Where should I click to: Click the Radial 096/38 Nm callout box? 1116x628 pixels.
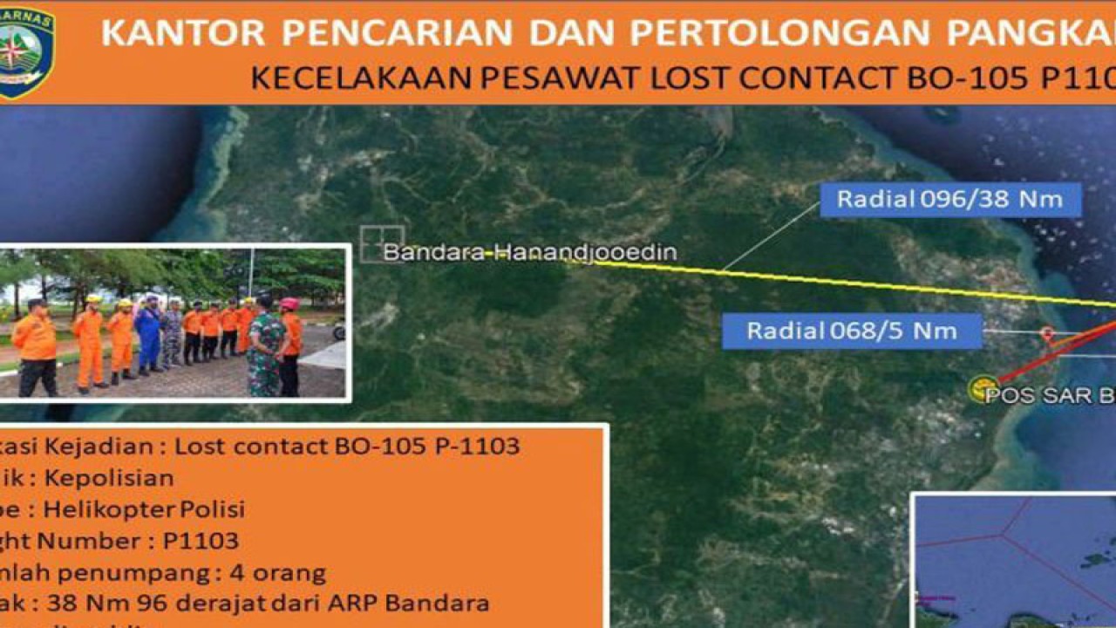coord(949,200)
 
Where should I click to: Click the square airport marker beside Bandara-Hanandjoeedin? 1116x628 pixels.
coord(382,244)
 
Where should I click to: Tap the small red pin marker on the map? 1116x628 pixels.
coord(1047,333)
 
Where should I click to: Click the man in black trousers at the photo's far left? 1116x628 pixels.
coord(37,349)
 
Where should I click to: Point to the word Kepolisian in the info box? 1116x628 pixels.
coord(109,478)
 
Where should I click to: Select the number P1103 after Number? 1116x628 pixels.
coord(201,541)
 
